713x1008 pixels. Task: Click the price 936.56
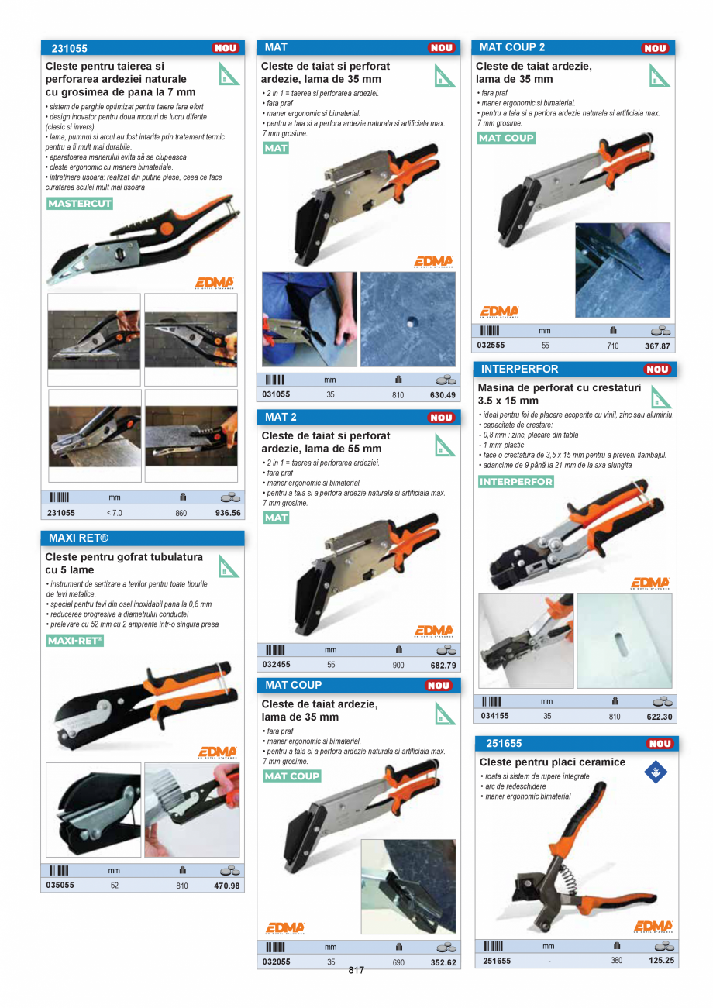pyautogui.click(x=227, y=513)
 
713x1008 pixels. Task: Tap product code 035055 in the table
pyautogui.click(x=60, y=885)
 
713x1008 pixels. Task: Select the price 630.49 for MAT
pyautogui.click(x=443, y=395)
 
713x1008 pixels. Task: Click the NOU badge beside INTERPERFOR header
pyautogui.click(x=657, y=370)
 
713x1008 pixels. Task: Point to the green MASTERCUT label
pyautogui.click(x=80, y=204)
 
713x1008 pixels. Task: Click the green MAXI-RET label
pyautogui.click(x=74, y=641)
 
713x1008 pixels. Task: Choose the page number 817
pyautogui.click(x=356, y=970)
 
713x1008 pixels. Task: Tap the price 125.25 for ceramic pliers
pyautogui.click(x=661, y=961)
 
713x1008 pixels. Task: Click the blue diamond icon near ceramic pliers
pyautogui.click(x=656, y=772)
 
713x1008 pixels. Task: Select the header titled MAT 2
pyautogui.click(x=281, y=418)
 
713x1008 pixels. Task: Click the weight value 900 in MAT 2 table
pyautogui.click(x=398, y=665)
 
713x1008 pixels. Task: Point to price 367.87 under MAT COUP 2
pyautogui.click(x=657, y=346)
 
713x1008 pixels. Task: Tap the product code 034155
pyautogui.click(x=494, y=717)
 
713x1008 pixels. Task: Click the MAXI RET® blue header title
pyautogui.click(x=78, y=538)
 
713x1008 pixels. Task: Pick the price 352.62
pyautogui.click(x=443, y=962)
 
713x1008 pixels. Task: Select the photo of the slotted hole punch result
pyautogui.click(x=624, y=641)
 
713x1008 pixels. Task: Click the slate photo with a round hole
pyautogui.click(x=408, y=319)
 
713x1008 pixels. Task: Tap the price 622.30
pyautogui.click(x=660, y=717)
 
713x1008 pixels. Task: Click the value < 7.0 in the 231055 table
pyautogui.click(x=114, y=513)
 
